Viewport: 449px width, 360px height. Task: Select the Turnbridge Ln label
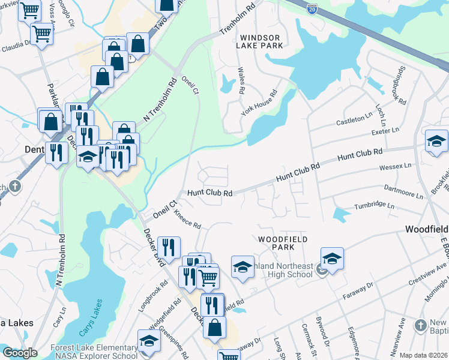click(375, 205)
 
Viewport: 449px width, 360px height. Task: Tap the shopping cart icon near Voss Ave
click(41, 34)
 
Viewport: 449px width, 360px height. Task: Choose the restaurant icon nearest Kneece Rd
click(169, 247)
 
